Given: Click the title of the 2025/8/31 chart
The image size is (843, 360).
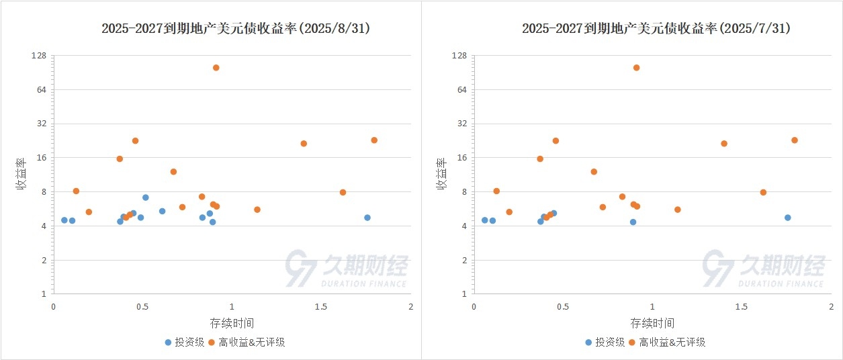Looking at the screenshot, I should coord(236,28).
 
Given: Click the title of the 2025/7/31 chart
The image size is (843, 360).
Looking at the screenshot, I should coord(656,28).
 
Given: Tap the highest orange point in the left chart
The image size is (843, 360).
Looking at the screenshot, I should coord(216,68).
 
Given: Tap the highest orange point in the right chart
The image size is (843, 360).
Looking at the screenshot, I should coord(636,68).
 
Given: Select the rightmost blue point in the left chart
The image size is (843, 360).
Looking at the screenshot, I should coord(367,218).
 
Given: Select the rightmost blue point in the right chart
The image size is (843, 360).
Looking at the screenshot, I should coord(787,218).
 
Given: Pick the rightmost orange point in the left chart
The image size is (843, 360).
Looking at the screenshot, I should coord(374,140).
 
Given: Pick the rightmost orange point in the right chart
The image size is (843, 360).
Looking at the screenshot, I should coord(794,140).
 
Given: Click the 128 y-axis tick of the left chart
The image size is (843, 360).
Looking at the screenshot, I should coord(39,56).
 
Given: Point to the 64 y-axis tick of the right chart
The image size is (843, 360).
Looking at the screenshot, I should coord(461,90).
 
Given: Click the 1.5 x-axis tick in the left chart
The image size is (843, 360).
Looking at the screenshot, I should coord(321,306).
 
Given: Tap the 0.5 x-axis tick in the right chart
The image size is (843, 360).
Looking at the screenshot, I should coord(563,306).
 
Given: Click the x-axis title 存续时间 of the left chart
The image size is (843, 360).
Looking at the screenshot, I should coord(232,323).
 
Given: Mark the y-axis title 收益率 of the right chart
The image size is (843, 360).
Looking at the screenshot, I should coord(443,175).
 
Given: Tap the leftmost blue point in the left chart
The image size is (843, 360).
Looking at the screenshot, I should coord(64,220).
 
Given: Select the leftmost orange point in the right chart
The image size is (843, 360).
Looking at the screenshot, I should coord(496,191).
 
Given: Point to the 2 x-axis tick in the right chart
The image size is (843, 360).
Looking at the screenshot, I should coord(831,306).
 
